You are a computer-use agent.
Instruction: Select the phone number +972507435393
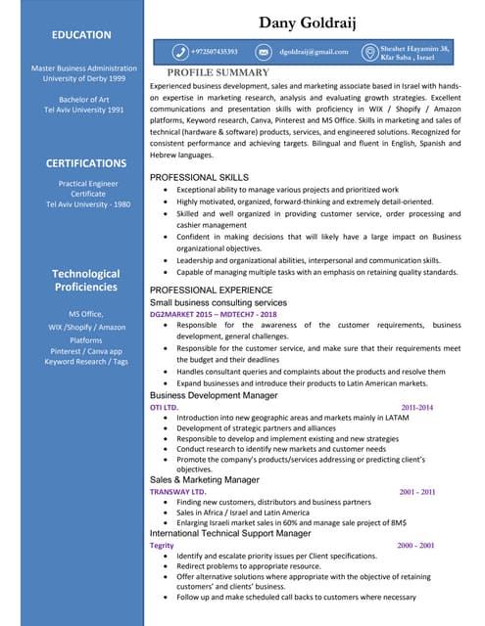click(x=221, y=51)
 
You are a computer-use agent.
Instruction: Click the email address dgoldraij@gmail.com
click(x=314, y=51)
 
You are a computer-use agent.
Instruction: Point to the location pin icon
click(x=368, y=51)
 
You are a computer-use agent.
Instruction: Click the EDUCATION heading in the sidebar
click(x=81, y=35)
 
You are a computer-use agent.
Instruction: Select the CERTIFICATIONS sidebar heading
click(x=86, y=163)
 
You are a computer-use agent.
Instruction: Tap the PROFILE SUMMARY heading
click(x=218, y=73)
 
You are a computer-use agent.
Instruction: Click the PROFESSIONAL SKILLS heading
click(x=199, y=176)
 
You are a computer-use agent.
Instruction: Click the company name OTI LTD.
click(x=164, y=406)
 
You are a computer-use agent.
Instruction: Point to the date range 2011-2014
click(x=416, y=406)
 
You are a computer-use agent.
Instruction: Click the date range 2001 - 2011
click(x=416, y=492)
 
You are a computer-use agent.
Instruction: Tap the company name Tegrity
click(x=162, y=545)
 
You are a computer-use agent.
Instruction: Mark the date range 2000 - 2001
click(x=415, y=545)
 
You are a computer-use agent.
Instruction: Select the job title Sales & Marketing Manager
click(x=204, y=480)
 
